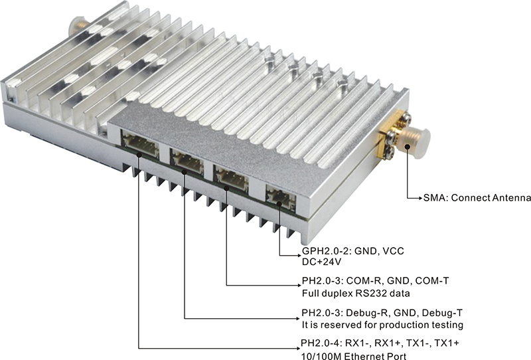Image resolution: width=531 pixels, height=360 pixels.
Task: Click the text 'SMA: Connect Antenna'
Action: (477, 198)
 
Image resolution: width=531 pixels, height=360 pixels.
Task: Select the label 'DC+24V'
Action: (321, 262)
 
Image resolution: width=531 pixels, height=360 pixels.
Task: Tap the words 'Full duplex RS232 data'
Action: (356, 293)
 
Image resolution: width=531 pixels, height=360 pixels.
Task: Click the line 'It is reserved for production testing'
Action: (382, 325)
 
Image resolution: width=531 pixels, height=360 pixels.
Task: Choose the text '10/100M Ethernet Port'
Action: (354, 355)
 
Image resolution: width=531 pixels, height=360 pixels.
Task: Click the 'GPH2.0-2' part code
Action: (323, 251)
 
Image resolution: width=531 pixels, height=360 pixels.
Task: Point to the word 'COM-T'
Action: (432, 281)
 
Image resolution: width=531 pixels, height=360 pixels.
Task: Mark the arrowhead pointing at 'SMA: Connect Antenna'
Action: (421, 198)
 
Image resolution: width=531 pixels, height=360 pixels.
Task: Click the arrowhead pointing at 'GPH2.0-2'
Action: (299, 255)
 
